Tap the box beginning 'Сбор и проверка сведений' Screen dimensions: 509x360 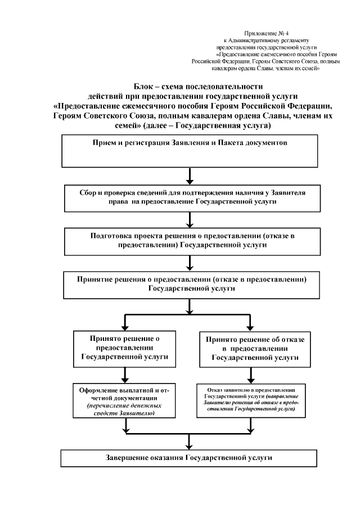(x=190, y=196)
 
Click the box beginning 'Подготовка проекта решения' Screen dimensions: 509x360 (x=190, y=241)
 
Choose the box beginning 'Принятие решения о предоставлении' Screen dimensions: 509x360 (x=190, y=284)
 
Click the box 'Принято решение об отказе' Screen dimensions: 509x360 (x=251, y=348)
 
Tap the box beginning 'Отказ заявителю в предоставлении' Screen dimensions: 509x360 (x=251, y=400)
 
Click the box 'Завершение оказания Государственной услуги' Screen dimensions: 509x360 (x=190, y=458)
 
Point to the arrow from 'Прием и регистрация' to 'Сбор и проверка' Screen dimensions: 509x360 (x=190, y=175)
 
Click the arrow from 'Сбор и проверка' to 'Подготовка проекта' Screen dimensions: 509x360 (x=190, y=220)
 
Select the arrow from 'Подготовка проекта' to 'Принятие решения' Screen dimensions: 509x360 (x=190, y=264)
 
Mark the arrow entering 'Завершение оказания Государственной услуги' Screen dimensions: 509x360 (x=190, y=442)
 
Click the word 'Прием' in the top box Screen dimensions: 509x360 (x=103, y=143)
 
